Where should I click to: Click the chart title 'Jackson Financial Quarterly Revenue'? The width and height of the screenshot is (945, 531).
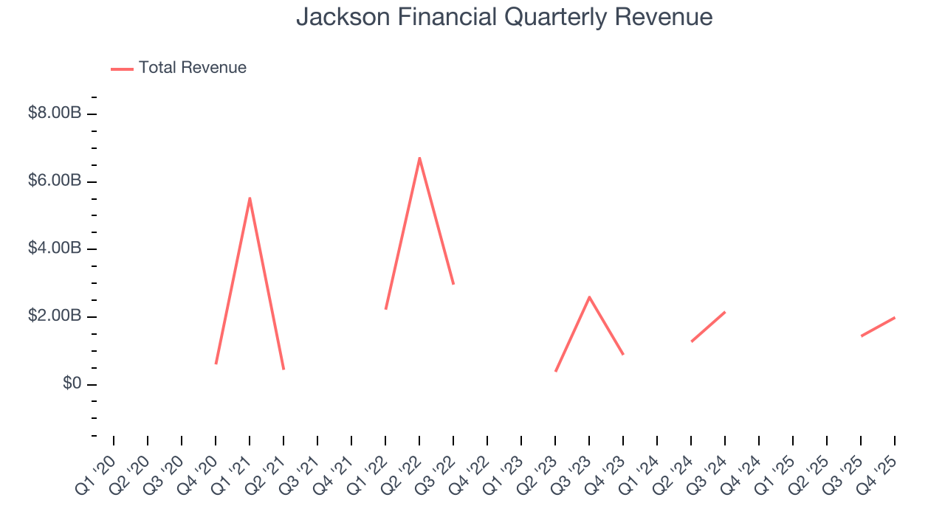click(x=504, y=17)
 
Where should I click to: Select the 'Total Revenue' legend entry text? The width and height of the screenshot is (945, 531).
click(x=192, y=68)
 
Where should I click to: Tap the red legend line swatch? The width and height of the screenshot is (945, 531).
click(x=122, y=69)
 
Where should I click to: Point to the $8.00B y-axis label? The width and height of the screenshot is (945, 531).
click(x=55, y=114)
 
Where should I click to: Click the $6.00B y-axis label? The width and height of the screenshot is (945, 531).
click(x=55, y=181)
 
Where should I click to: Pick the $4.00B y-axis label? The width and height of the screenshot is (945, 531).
click(x=55, y=249)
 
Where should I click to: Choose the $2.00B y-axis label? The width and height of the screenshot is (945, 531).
click(x=55, y=316)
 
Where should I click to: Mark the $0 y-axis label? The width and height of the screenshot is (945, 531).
click(x=72, y=384)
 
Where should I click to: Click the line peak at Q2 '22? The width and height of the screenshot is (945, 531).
click(x=419, y=158)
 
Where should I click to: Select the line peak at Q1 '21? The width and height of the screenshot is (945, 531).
click(x=250, y=198)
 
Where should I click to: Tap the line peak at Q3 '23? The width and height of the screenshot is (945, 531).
click(x=589, y=296)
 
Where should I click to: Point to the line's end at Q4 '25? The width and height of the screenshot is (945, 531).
click(x=895, y=317)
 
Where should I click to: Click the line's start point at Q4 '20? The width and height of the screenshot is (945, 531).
click(x=216, y=364)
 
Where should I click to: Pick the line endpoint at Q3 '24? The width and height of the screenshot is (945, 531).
click(x=725, y=312)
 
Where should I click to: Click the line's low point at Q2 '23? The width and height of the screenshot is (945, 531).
click(x=555, y=371)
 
